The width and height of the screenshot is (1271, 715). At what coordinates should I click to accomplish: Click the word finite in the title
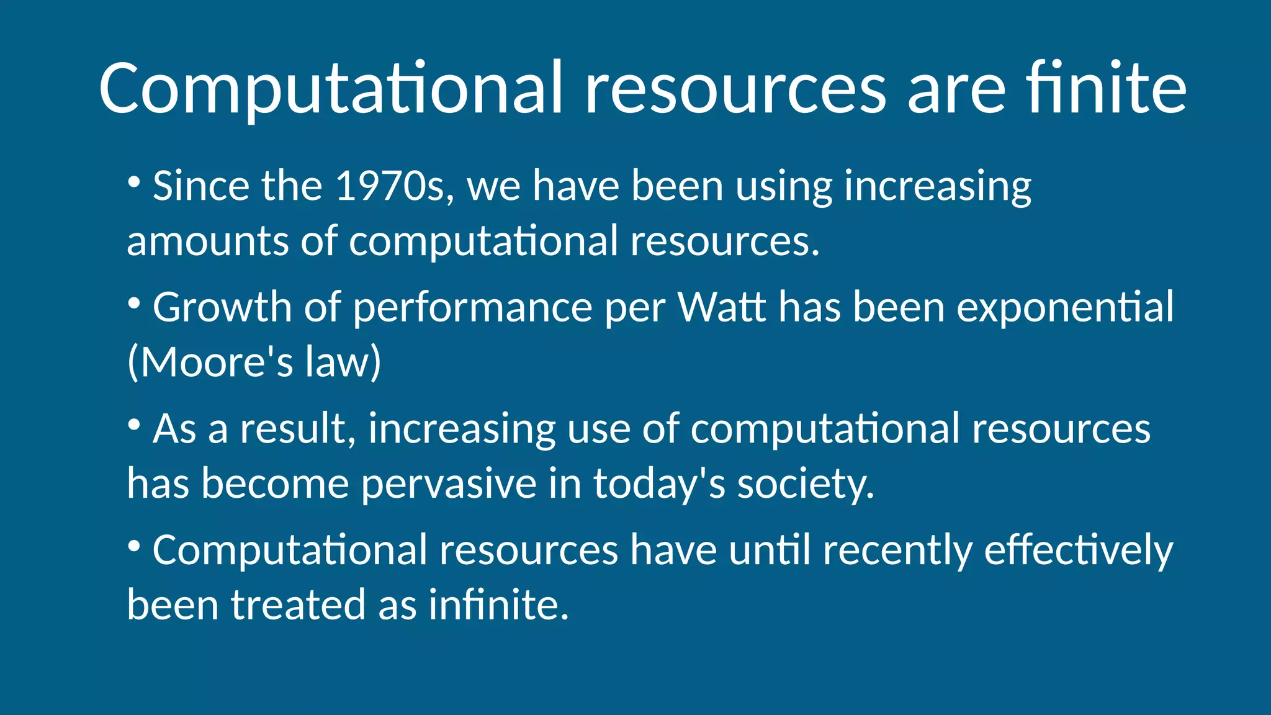tap(1106, 88)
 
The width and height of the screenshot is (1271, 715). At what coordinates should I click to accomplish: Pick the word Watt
tap(721, 307)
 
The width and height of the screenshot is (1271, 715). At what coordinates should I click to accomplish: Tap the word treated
tap(298, 605)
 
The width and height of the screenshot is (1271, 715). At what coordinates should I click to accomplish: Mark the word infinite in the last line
tap(498, 605)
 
